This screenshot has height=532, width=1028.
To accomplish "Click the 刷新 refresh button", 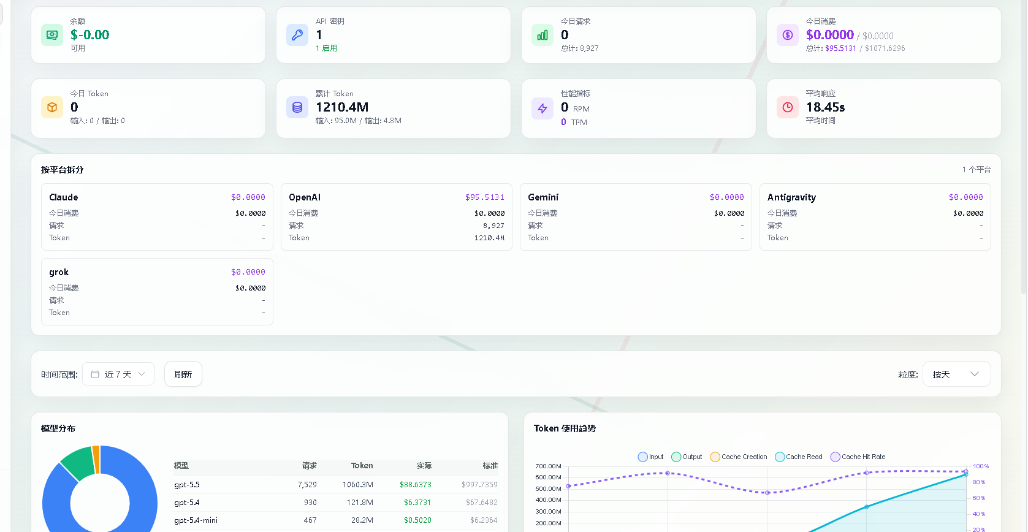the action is tap(183, 374).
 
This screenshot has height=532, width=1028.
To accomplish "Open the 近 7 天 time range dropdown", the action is tap(118, 374).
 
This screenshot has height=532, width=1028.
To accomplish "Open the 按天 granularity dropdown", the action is tap(956, 374).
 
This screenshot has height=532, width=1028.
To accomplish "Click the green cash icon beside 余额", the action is tap(52, 35).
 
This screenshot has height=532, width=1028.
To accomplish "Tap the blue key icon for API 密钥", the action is tap(297, 35).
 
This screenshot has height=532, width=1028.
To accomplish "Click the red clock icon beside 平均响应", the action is tap(788, 107).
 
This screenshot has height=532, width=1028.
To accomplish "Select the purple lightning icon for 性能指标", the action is tap(543, 108).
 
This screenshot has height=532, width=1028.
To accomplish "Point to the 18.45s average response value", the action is tap(826, 107).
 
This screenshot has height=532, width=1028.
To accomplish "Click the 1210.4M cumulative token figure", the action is tap(342, 107).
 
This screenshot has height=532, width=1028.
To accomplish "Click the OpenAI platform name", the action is tap(305, 197).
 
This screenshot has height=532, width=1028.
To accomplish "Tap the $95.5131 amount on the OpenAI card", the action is tap(485, 197).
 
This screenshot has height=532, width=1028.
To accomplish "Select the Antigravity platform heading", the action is tap(791, 197).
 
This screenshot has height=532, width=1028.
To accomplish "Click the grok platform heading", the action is tap(59, 272).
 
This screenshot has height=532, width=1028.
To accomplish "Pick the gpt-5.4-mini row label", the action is tap(196, 520).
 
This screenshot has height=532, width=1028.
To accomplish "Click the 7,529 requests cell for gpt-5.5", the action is tap(307, 485).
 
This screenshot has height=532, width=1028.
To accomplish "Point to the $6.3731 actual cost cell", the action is tap(417, 502).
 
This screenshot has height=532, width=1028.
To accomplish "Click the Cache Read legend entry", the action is tap(799, 457).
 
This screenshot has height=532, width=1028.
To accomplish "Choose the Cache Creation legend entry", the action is tap(739, 457).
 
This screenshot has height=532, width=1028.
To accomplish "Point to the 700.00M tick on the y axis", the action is tap(548, 466).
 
